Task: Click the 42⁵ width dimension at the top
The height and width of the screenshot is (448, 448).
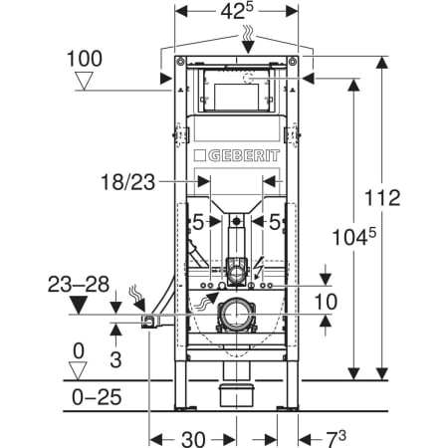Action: point(237,12)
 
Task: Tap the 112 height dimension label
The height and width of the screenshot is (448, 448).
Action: point(382,198)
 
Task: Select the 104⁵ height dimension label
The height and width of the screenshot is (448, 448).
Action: point(354,237)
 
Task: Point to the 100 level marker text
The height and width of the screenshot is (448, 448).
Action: point(85,59)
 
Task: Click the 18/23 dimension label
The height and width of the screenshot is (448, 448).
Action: point(127,182)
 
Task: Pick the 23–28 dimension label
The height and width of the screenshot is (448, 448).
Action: point(79,285)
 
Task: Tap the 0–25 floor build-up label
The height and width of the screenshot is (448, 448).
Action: point(97,397)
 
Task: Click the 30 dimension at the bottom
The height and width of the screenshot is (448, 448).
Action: point(193,439)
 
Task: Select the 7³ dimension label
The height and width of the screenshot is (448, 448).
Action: point(335,439)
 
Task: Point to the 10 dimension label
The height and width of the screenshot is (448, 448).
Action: point(326,302)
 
